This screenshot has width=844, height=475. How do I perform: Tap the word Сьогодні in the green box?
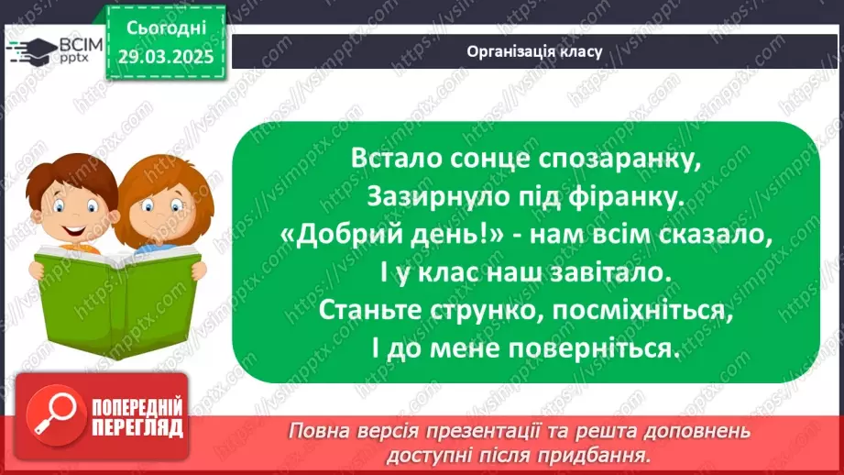tap(165, 28)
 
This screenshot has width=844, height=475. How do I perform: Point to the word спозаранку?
tap(623, 158)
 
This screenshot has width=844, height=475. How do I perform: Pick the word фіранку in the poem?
tap(622, 196)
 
